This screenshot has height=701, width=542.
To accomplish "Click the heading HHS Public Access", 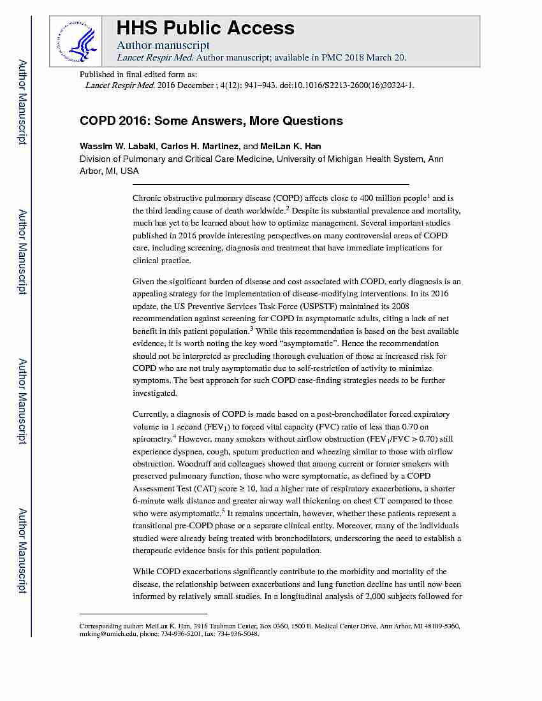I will tap(205, 28).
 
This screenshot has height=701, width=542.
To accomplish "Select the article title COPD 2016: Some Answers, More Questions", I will tap(211, 121).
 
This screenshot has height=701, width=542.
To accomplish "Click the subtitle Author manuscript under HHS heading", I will tap(163, 45).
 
